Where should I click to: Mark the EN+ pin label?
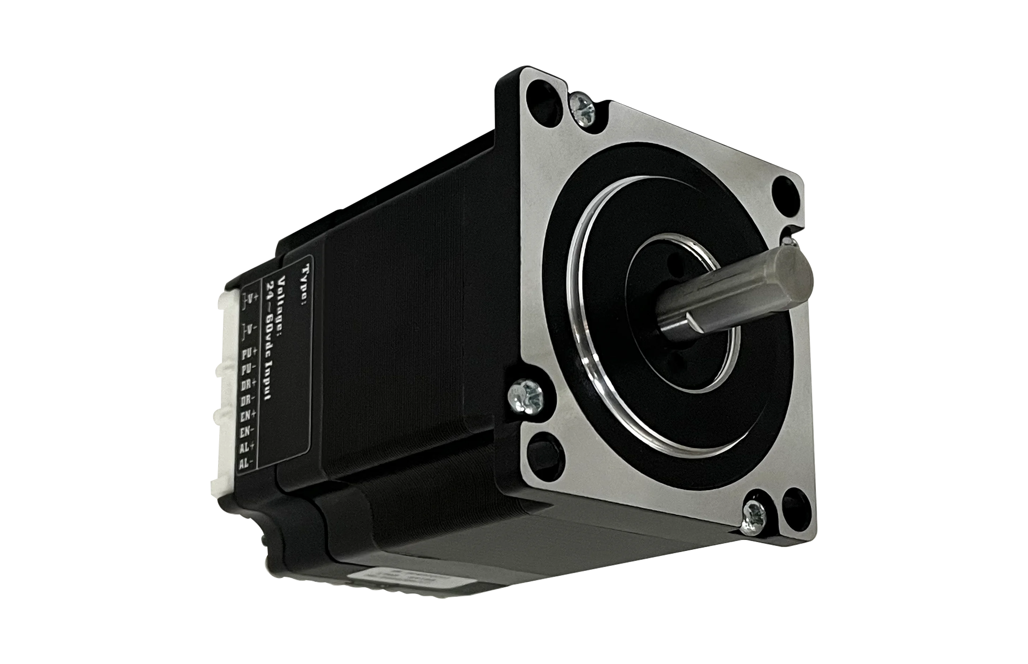[248, 415]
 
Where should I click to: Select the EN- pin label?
[246, 431]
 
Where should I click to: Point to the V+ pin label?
[250, 297]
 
